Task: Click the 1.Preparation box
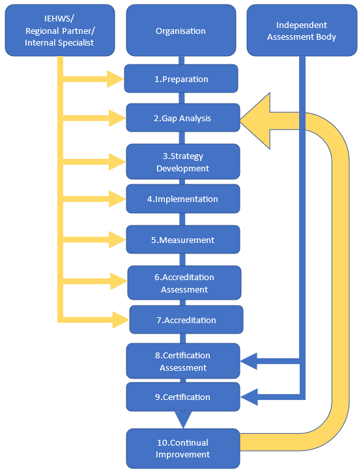tap(181, 79)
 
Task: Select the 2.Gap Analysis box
tap(182, 119)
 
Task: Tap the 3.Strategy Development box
tap(182, 162)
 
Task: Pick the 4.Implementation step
tap(182, 199)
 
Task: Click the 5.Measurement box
tap(182, 240)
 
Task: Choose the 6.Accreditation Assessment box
tap(184, 283)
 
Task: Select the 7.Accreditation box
tap(186, 320)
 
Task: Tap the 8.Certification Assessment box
tap(182, 362)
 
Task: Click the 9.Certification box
tap(182, 397)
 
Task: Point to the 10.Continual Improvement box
tap(182, 448)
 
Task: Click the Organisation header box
tap(180, 31)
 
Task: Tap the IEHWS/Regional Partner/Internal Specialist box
tap(59, 31)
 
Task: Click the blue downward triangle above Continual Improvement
tap(184, 418)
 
